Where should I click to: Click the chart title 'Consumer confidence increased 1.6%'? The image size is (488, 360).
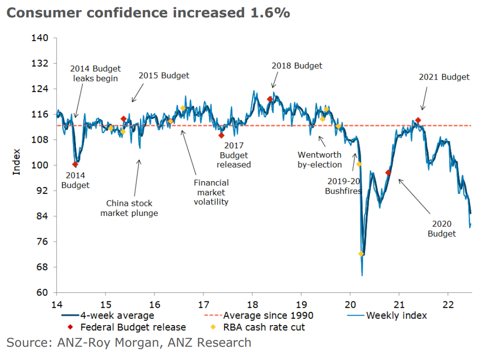(148, 12)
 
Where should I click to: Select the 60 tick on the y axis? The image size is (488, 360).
(43, 292)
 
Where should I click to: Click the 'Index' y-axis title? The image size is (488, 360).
(17, 161)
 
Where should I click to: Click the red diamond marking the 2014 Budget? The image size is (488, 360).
(75, 165)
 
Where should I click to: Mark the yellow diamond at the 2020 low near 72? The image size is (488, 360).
(361, 254)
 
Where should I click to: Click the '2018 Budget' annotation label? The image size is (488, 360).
(297, 66)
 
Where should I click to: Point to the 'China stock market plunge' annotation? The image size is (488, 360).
(129, 208)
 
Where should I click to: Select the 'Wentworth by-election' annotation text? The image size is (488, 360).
(319, 160)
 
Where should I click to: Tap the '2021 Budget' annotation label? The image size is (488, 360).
(444, 77)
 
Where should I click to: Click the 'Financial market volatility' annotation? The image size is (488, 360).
(211, 192)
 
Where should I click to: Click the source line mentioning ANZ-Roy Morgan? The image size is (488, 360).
(129, 342)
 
